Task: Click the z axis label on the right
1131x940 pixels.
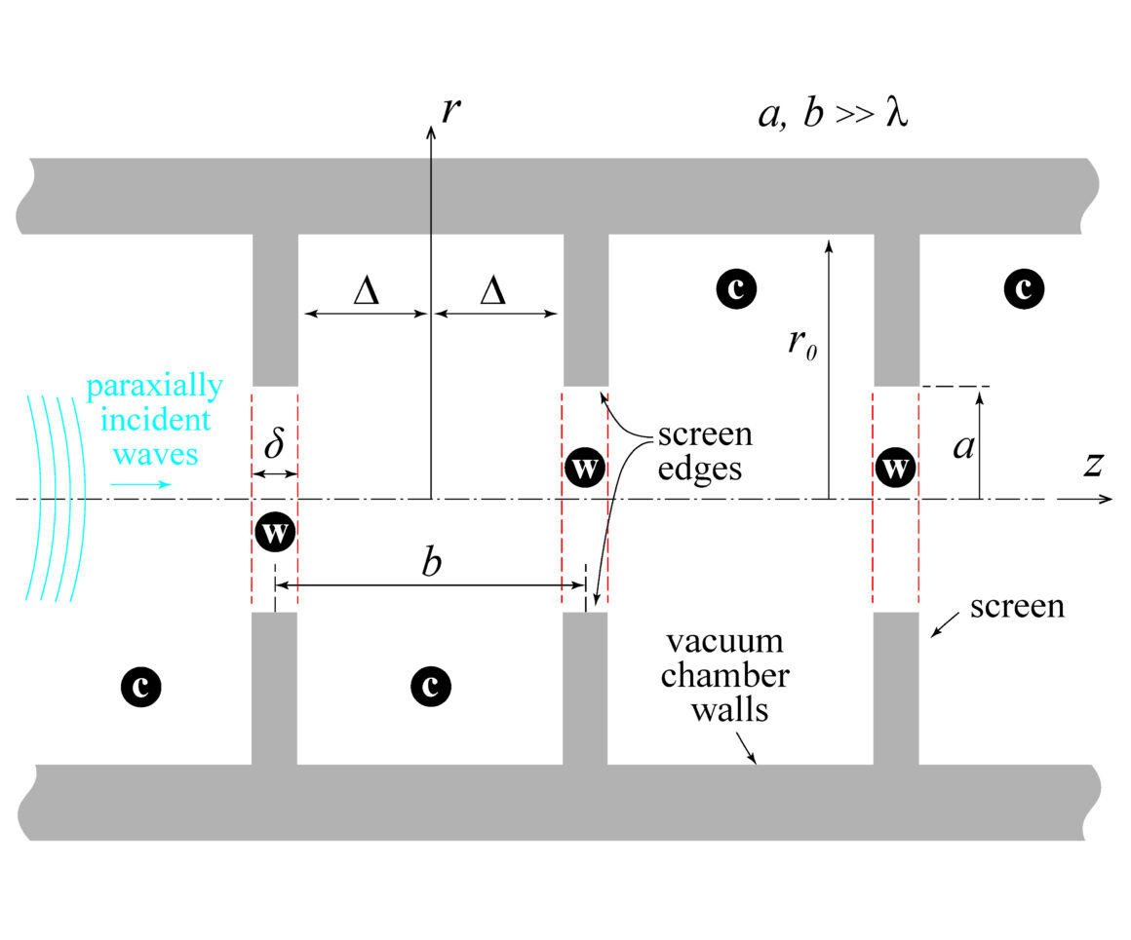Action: pyautogui.click(x=1092, y=466)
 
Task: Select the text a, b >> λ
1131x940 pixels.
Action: pyautogui.click(x=834, y=116)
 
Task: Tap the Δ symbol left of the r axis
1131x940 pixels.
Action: pyautogui.click(x=366, y=291)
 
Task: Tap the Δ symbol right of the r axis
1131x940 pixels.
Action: pyautogui.click(x=493, y=291)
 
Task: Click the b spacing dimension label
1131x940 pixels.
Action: pyautogui.click(x=429, y=564)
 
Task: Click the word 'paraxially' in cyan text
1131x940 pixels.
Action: pyautogui.click(x=154, y=387)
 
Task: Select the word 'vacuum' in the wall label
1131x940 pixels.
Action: pyautogui.click(x=724, y=643)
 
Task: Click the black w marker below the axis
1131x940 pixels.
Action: pyautogui.click(x=274, y=533)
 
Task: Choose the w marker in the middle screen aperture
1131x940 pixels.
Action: pyautogui.click(x=584, y=469)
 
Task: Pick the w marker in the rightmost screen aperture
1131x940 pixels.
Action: pyautogui.click(x=895, y=469)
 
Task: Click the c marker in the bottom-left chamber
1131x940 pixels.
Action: pyautogui.click(x=140, y=688)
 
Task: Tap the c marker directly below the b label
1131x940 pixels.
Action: pyautogui.click(x=429, y=688)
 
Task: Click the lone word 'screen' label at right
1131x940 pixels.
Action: pyautogui.click(x=1017, y=607)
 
